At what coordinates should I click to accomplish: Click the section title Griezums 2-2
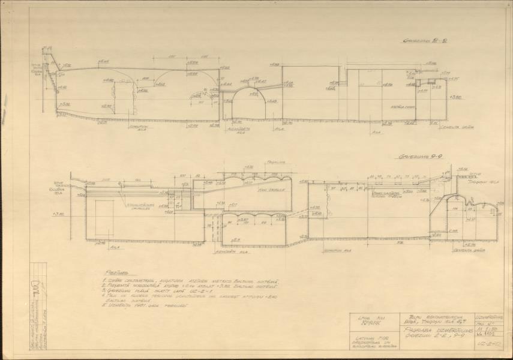424,43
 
